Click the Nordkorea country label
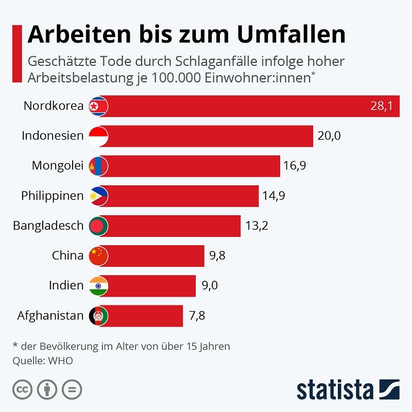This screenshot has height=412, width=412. pyautogui.click(x=53, y=106)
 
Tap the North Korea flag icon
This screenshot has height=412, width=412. pyautogui.click(x=98, y=106)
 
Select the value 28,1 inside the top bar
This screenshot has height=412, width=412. pyautogui.click(x=381, y=106)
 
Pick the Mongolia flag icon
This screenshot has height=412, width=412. pyautogui.click(x=98, y=166)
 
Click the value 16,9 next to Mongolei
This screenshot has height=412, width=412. pyautogui.click(x=295, y=166)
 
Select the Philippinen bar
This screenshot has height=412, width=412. pyautogui.click(x=183, y=196)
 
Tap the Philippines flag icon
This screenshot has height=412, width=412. pyautogui.click(x=98, y=196)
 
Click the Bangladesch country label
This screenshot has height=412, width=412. pyautogui.click(x=47, y=226)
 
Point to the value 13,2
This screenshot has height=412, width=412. pyautogui.click(x=256, y=226)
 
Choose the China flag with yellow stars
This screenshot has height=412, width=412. pyautogui.click(x=98, y=255)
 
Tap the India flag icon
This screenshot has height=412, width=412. pyautogui.click(x=98, y=285)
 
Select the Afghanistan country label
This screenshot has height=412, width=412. pyautogui.click(x=50, y=315)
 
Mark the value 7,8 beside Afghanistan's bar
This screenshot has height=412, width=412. pyautogui.click(x=197, y=315)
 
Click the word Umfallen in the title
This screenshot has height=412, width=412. pyautogui.click(x=290, y=35)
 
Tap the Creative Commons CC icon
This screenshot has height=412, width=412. pyautogui.click(x=22, y=388)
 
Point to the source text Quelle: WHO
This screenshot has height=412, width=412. pyautogui.click(x=43, y=360)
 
